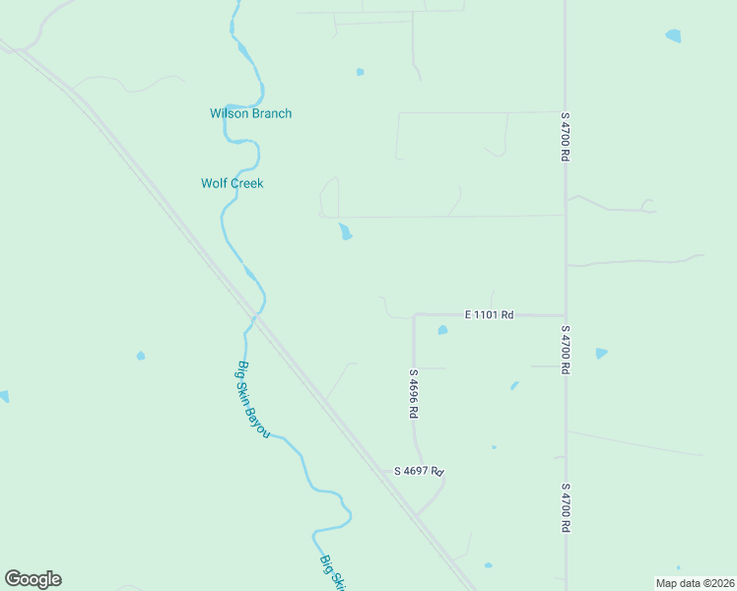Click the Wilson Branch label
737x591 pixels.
(x=250, y=113)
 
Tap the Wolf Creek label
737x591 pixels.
(x=233, y=183)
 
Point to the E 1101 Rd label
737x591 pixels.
(x=490, y=314)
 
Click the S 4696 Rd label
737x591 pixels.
(x=414, y=394)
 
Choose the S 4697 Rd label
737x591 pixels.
(x=420, y=472)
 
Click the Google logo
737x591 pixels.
(x=33, y=579)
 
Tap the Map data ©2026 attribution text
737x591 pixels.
(x=696, y=583)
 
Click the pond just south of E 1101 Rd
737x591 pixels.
(x=442, y=330)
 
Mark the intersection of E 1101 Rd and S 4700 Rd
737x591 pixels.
(x=565, y=315)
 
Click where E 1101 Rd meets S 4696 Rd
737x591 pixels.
(x=414, y=315)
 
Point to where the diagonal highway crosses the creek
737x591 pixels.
(x=254, y=318)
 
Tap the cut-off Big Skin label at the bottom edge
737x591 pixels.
(x=333, y=571)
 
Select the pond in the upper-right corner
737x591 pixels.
(x=673, y=35)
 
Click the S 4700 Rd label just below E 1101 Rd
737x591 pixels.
(x=566, y=350)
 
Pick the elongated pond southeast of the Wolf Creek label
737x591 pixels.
(x=345, y=232)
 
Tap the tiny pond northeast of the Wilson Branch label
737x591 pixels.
(x=360, y=71)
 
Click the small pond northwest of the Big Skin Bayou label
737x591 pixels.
(x=141, y=355)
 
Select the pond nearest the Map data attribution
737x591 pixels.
(x=488, y=565)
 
